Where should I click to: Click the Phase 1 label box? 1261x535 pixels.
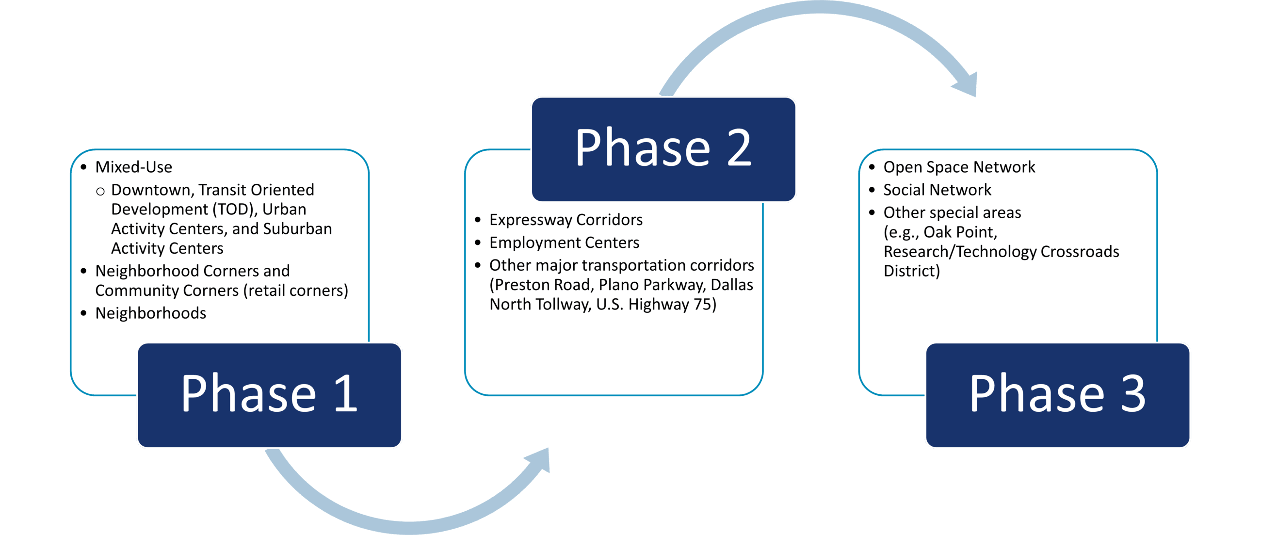[269, 394]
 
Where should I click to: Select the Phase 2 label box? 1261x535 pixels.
[663, 149]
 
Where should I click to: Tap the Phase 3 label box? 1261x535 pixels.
[1057, 394]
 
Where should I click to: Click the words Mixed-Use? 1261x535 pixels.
[134, 167]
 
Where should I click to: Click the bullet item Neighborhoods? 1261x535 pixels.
[151, 313]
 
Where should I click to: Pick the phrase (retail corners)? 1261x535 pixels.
[296, 291]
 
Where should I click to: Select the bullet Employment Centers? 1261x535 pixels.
[564, 243]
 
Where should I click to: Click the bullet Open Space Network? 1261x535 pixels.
[959, 167]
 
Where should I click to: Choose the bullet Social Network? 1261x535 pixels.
[937, 190]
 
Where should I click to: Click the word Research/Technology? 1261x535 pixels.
[959, 252]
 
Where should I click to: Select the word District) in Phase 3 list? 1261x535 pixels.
[911, 271]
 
